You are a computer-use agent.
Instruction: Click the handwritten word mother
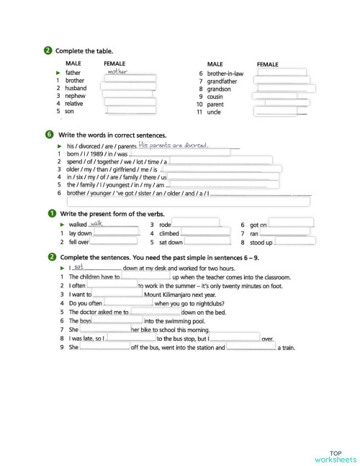[x=116, y=72]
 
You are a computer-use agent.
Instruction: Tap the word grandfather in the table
[x=225, y=81]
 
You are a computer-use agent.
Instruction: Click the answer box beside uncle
[x=282, y=112]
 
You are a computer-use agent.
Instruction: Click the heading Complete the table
[x=80, y=50]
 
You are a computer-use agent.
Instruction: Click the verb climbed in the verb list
[x=169, y=234]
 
